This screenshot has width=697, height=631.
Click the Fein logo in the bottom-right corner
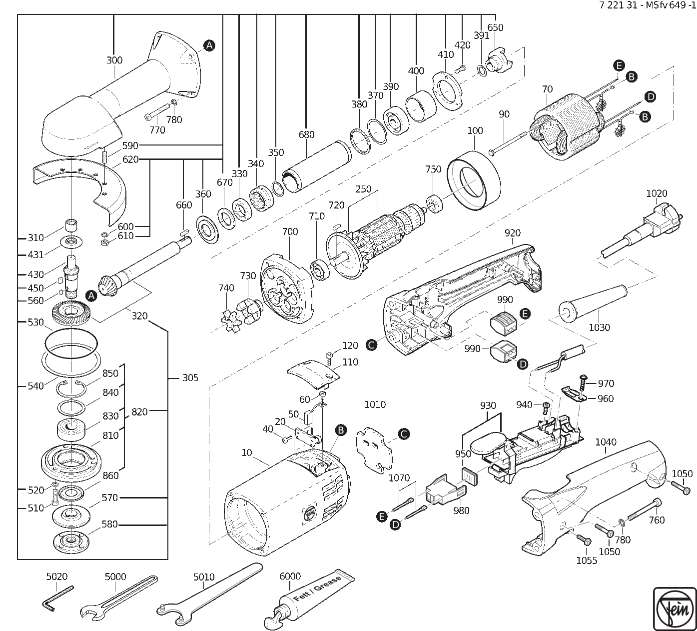(x=675, y=609)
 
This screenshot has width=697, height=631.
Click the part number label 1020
(x=657, y=193)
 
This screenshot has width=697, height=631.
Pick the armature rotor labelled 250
(x=375, y=239)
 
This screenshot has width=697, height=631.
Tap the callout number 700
(x=290, y=231)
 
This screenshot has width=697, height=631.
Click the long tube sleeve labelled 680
(x=316, y=166)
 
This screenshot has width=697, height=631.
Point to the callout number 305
(x=190, y=378)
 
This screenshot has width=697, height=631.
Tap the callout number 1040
(x=606, y=442)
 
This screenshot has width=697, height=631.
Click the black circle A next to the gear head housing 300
(x=209, y=45)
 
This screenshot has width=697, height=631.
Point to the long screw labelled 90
(x=510, y=142)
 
